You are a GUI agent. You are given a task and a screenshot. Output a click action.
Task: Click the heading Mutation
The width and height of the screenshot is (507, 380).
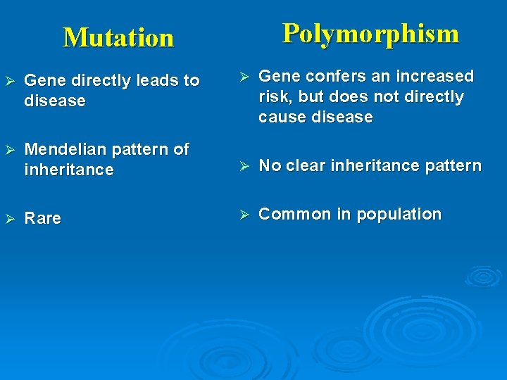[118, 37]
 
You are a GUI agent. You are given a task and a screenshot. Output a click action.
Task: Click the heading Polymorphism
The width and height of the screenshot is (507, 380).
[370, 33]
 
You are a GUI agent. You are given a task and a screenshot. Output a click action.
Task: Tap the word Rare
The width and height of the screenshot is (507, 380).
[43, 219]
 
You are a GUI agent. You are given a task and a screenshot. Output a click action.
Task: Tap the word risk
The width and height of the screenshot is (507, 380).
[273, 97]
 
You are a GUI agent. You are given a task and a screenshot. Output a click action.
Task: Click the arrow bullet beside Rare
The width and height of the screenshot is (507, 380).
[9, 219]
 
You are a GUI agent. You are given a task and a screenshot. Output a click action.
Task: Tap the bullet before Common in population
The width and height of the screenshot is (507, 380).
[244, 215]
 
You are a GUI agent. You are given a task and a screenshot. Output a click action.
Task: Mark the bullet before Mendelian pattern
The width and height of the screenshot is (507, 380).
[9, 150]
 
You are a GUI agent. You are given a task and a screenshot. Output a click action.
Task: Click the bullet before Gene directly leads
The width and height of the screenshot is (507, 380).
[9, 81]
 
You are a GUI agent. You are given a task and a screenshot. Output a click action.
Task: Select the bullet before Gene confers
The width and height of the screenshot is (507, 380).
[244, 76]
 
